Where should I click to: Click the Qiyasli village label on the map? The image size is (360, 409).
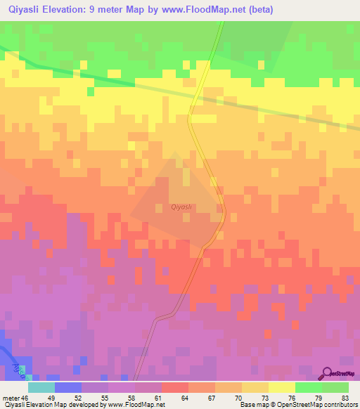[182, 207]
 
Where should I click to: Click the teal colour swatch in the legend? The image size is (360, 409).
[42, 387]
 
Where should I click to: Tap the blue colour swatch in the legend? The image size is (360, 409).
[69, 387]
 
